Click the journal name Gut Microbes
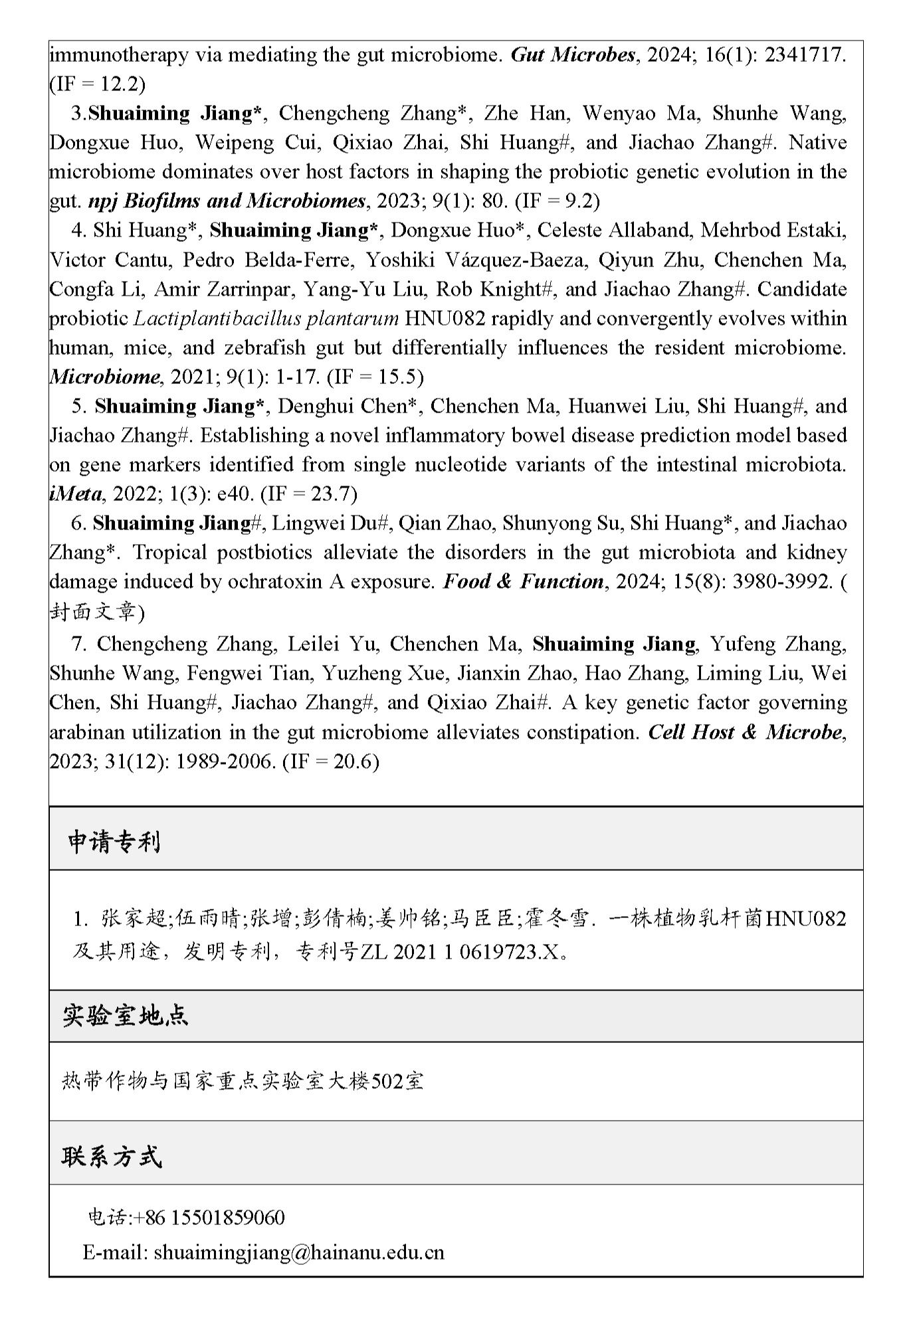click(x=573, y=54)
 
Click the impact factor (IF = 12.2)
click(x=97, y=84)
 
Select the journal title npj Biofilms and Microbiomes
click(x=227, y=201)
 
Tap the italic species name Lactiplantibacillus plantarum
click(x=266, y=318)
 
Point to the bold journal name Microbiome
click(x=104, y=377)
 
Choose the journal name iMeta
click(x=76, y=494)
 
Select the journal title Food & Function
click(x=523, y=581)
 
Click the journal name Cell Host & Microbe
click(x=745, y=732)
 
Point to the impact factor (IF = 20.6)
click(x=330, y=761)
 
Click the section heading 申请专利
click(x=114, y=842)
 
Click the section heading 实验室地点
click(x=126, y=1015)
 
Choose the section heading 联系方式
click(x=112, y=1157)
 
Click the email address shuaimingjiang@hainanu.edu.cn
click(x=298, y=1252)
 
